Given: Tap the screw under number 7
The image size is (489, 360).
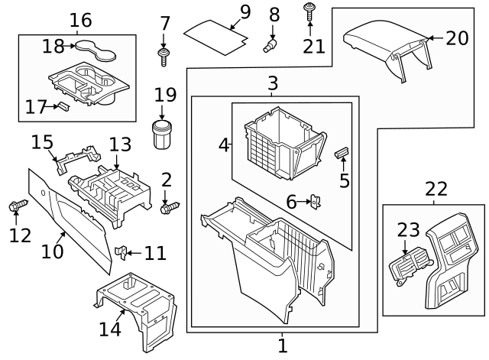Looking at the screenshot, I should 164,54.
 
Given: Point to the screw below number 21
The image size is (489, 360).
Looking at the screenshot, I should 310,11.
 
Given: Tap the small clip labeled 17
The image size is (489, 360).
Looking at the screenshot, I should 64,107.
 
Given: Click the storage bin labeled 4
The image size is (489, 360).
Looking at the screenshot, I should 279,141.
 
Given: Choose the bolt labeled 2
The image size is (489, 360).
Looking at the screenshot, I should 170,206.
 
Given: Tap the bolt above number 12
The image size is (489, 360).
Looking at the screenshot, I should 17,206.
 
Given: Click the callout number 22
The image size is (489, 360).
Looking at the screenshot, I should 436,189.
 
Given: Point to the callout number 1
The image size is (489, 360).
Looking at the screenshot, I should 282,345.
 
